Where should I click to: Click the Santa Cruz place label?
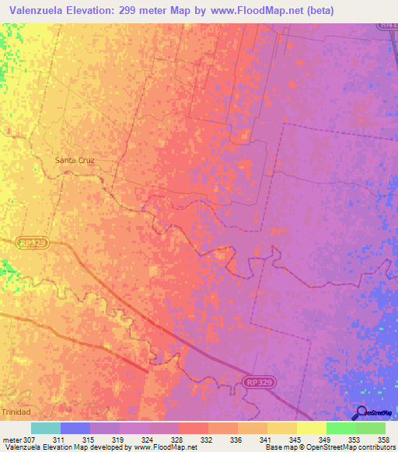(75, 160)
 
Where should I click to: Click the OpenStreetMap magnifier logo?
(361, 412)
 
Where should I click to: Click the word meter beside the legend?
(12, 440)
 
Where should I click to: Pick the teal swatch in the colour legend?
(45, 428)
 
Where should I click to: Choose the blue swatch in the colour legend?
(75, 428)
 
